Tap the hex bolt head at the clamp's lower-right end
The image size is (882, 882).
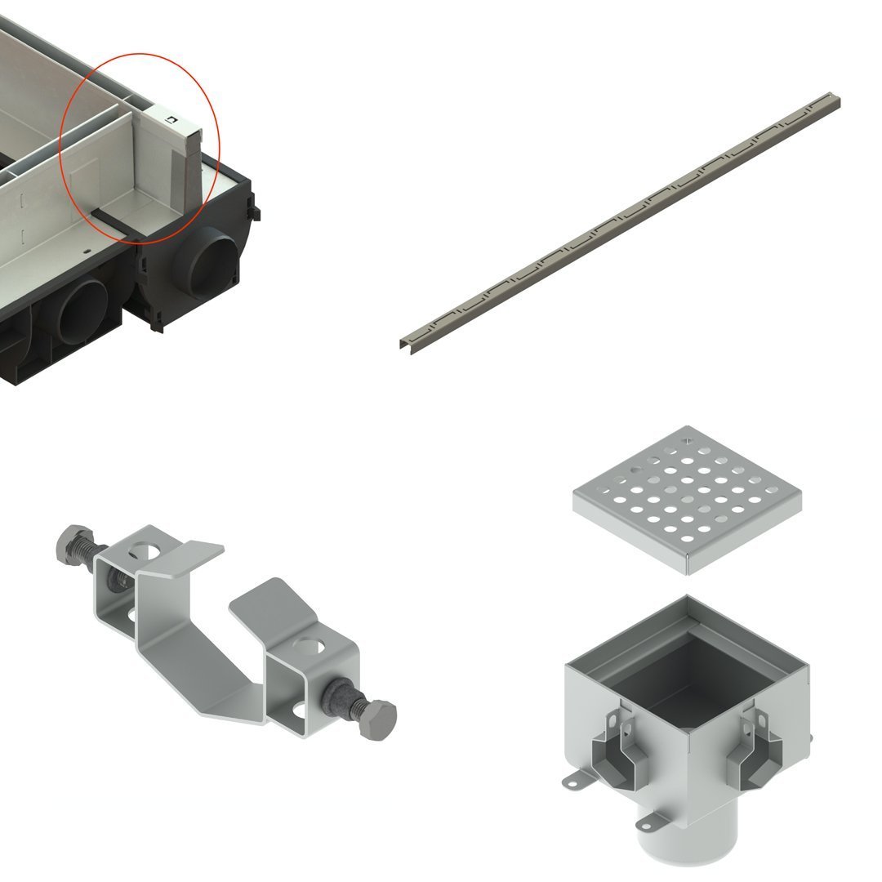tap(378, 717)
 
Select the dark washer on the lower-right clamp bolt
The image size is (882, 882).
tap(338, 698)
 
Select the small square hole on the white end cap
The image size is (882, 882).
tap(171, 120)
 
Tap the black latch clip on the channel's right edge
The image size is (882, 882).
tap(255, 208)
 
